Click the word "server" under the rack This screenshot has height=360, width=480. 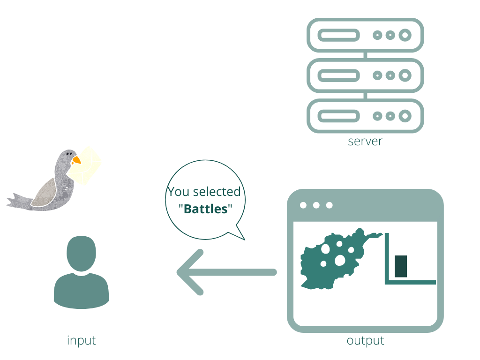(x=365, y=142)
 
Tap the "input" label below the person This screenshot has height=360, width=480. (x=81, y=341)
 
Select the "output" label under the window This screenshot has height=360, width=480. (x=365, y=341)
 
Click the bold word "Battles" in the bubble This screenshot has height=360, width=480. (x=206, y=209)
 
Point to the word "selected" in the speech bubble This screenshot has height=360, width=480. (x=217, y=192)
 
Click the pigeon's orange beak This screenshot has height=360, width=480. (x=76, y=160)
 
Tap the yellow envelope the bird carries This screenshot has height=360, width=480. (x=84, y=165)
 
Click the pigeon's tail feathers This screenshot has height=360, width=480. (x=18, y=202)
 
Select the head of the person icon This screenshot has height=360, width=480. (x=81, y=254)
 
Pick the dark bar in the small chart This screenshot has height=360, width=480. (x=401, y=266)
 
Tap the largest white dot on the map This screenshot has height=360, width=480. (x=340, y=261)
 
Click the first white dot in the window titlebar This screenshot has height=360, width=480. (x=303, y=205)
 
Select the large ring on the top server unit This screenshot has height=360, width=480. (x=405, y=35)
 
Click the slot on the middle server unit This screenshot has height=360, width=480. (x=338, y=75)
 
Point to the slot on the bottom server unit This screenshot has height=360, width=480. (x=338, y=116)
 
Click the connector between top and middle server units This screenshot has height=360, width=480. (x=365, y=55)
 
